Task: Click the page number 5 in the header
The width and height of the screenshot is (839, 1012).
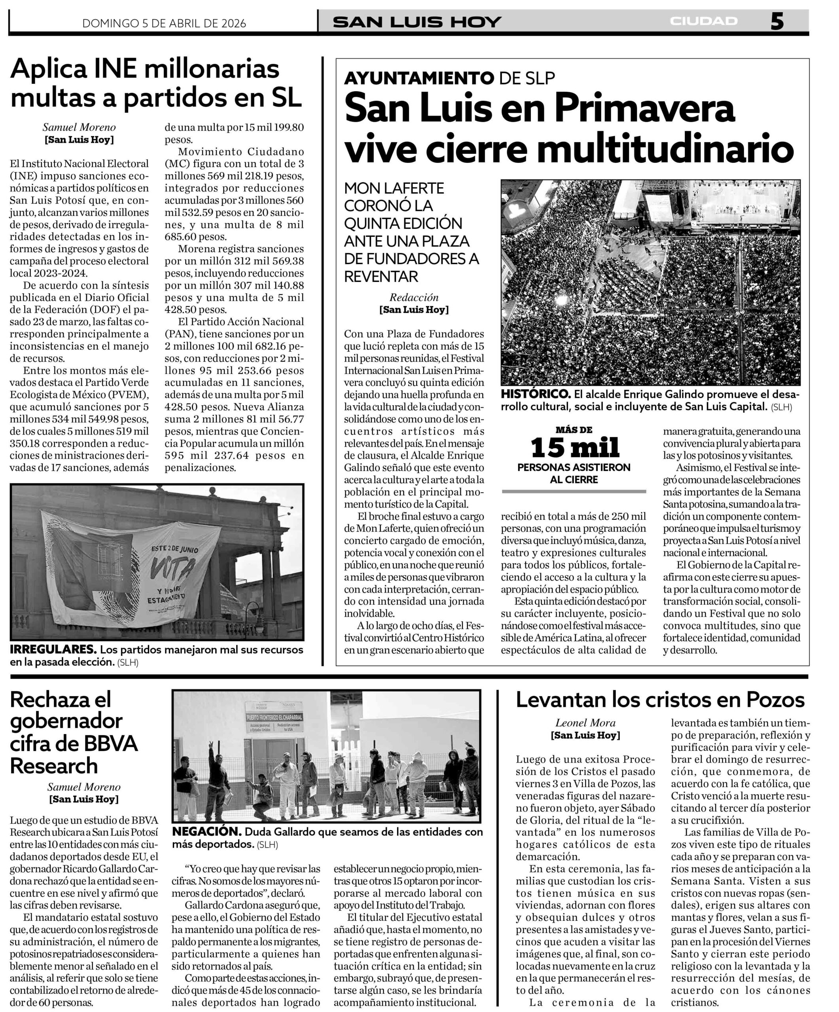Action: point(777,22)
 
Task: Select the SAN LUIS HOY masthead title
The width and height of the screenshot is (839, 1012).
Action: point(417,22)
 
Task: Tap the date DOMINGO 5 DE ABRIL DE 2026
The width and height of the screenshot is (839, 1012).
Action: point(164,24)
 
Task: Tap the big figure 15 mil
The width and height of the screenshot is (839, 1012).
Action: point(574,447)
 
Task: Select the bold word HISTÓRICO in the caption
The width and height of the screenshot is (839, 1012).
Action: point(536,394)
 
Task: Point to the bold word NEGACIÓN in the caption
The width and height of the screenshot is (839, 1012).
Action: point(206,832)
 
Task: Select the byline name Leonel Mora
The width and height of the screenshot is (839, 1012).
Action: point(585,723)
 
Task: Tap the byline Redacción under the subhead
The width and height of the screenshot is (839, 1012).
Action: point(414,297)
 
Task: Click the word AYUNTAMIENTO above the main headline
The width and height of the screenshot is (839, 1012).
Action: point(419,77)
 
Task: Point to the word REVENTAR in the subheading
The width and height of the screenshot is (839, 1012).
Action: point(381,277)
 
